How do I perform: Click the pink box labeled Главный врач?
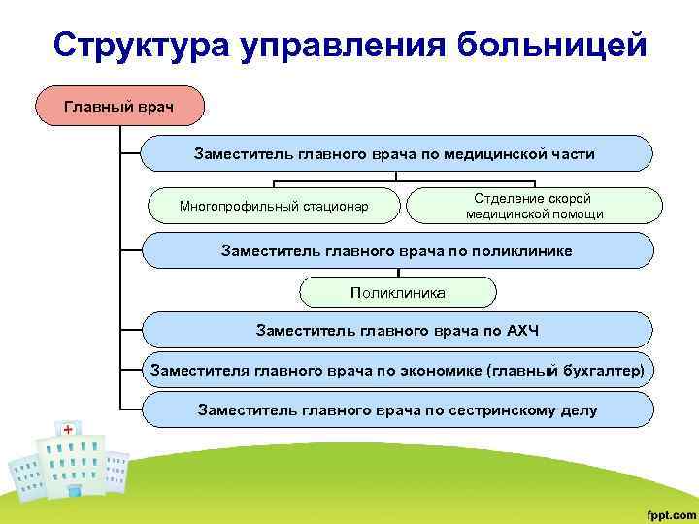[x=119, y=105]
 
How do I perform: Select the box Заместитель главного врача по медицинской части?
[x=396, y=154]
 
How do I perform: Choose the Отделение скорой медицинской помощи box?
[x=534, y=206]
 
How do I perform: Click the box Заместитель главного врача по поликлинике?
[x=396, y=250]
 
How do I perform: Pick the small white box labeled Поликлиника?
[x=398, y=291]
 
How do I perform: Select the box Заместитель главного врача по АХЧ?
[x=396, y=331]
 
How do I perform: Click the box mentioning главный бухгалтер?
[x=396, y=370]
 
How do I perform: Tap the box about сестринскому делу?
[x=396, y=410]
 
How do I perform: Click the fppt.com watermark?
[x=664, y=510]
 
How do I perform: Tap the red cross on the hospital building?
[x=68, y=429]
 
